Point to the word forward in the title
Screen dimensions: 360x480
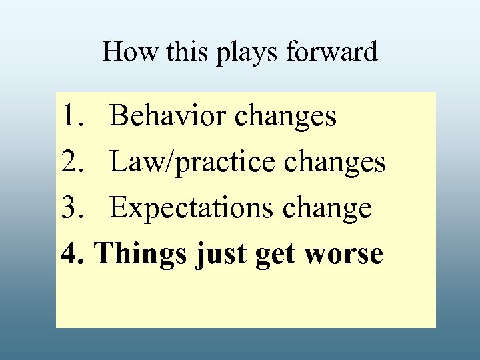point(331,52)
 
